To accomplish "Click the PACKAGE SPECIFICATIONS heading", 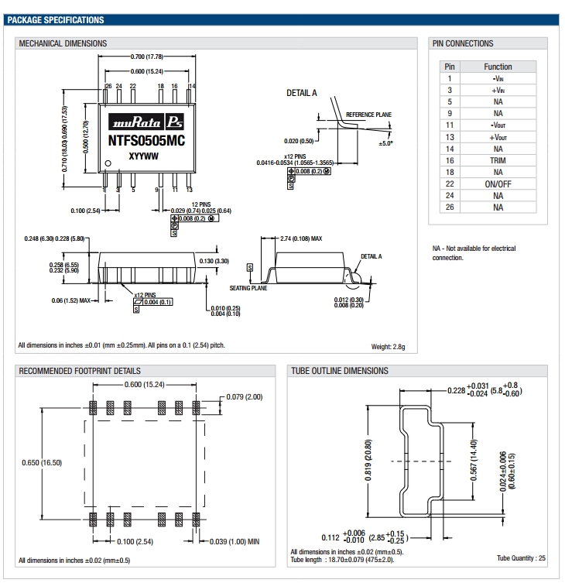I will pos(55,19).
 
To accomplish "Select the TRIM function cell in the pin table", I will pos(498,160).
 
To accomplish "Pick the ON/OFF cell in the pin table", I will pos(498,183).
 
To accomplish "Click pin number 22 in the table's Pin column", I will pos(449,183).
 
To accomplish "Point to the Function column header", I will pos(498,67).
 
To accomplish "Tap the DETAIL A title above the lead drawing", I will pos(302,93).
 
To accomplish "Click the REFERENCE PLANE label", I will pos(368,115).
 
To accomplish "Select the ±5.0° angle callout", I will pos(386,144).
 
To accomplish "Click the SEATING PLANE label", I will pos(248,287).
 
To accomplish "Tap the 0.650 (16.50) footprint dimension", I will pos(43,462).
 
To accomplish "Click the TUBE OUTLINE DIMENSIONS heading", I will pos(340,371).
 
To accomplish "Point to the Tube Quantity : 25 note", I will pos(521,558).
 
